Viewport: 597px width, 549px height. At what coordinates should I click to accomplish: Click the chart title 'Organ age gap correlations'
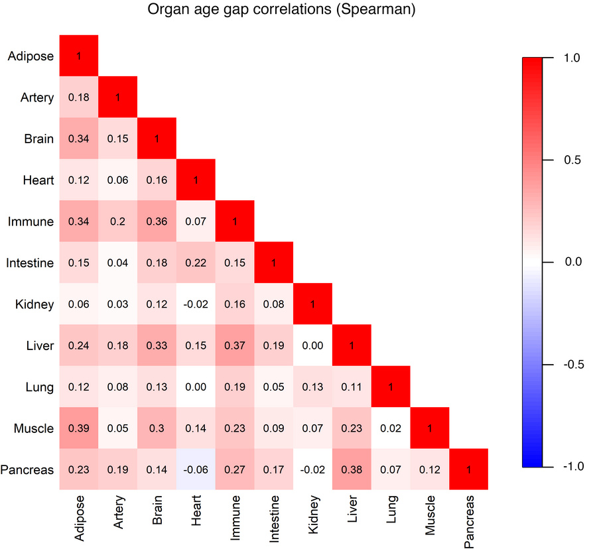pos(283,10)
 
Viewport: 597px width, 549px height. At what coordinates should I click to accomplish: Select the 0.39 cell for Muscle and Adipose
pos(79,428)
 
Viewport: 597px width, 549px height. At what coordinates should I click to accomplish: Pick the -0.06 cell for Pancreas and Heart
pos(196,469)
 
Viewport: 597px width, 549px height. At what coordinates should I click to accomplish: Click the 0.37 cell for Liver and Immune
pos(235,345)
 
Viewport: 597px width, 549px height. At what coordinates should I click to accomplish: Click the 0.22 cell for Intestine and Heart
pos(196,263)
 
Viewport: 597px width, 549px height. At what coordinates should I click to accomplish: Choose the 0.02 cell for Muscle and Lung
pos(391,428)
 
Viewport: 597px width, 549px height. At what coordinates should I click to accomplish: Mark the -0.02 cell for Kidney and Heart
pos(196,304)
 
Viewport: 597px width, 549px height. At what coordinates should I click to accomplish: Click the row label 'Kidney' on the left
pos(34,304)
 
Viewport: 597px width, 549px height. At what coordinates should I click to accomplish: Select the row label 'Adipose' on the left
pos(31,56)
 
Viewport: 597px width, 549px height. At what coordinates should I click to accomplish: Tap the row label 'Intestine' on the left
pos(30,263)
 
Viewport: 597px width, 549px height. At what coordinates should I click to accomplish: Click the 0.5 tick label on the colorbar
pos(572,160)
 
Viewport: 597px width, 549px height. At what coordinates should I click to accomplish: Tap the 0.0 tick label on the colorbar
pos(572,262)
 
